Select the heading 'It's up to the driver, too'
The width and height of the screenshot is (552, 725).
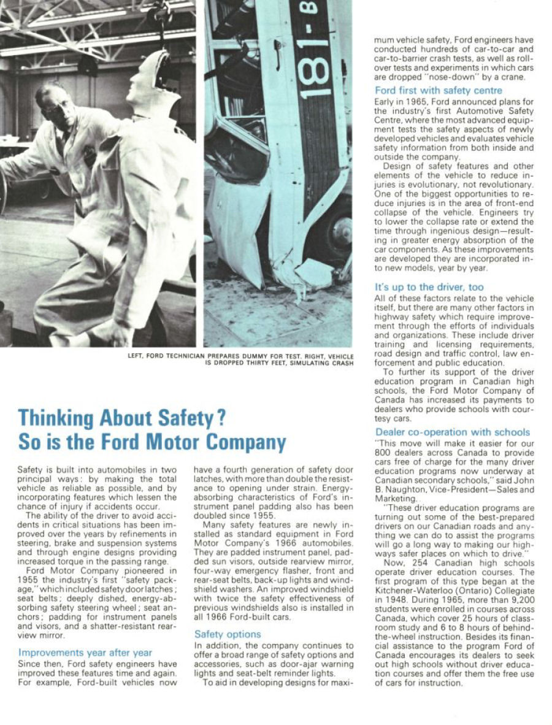(429, 287)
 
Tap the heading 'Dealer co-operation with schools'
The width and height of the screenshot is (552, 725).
(452, 432)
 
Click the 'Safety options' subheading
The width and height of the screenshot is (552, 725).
(228, 634)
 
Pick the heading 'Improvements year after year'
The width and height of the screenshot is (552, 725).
(85, 652)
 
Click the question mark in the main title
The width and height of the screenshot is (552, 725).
(221, 418)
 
